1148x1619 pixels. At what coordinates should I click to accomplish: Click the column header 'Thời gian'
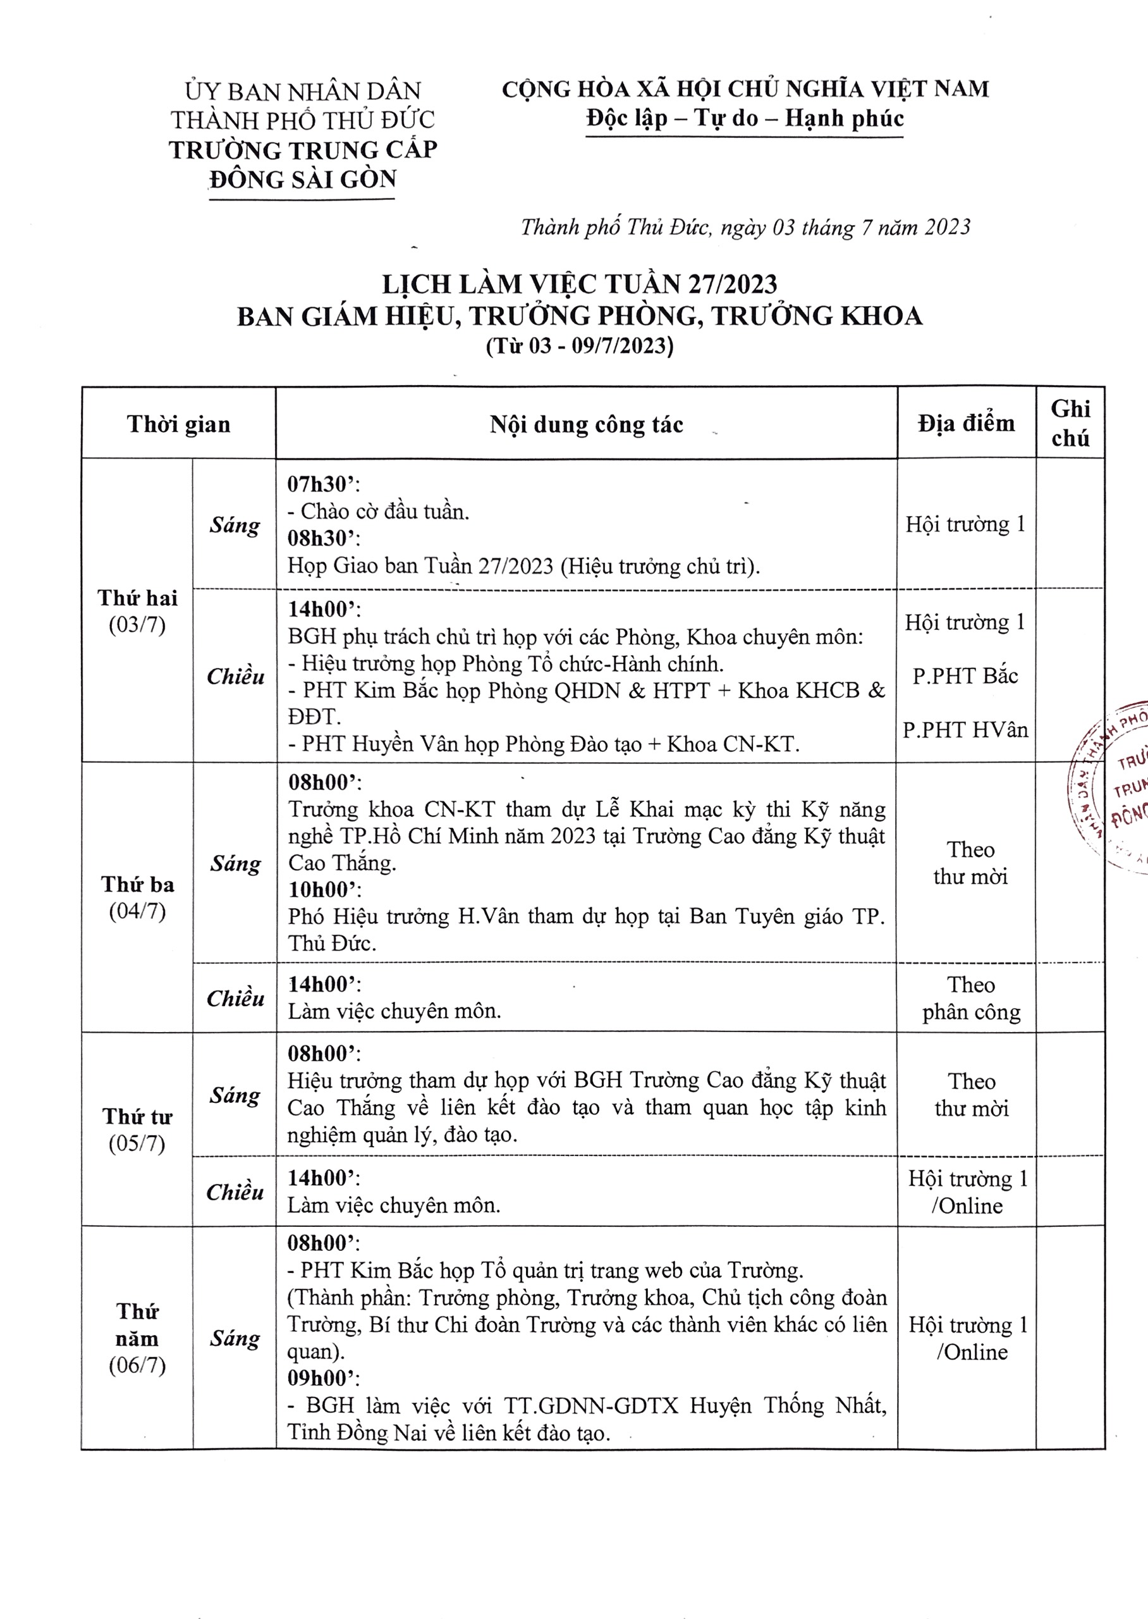178,424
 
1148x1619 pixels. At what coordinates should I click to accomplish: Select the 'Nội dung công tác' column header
586,424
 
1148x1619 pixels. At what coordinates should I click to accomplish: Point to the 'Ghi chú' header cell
1070,424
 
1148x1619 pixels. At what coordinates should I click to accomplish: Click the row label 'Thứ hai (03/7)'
137,611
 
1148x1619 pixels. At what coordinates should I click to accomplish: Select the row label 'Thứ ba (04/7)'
137,897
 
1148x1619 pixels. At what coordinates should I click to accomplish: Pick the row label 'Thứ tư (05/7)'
137,1129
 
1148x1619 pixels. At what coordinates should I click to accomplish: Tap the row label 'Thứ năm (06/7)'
137,1338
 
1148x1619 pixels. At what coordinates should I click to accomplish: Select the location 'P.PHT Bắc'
965,676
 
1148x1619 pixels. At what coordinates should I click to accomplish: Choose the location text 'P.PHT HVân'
965,730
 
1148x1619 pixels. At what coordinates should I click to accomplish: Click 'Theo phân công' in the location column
970,998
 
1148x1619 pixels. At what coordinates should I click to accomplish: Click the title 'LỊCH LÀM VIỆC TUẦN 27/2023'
579,284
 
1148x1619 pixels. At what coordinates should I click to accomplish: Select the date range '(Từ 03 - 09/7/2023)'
579,346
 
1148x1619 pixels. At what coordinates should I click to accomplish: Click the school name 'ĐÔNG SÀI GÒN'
303,180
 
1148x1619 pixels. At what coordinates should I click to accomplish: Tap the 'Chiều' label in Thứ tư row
235,1193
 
